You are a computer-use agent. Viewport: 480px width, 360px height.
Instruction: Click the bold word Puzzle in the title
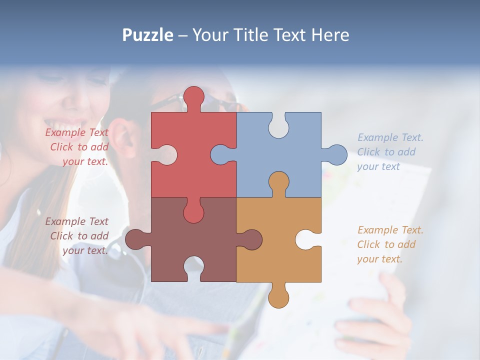pos(148,35)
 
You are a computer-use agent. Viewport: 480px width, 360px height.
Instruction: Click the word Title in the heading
pos(250,35)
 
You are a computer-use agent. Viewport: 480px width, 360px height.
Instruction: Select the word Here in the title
pos(330,35)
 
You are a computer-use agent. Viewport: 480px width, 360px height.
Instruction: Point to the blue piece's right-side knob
pos(336,154)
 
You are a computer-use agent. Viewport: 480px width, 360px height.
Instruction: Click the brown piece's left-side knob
pos(136,239)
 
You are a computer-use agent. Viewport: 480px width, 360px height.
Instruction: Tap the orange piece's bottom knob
pos(278,297)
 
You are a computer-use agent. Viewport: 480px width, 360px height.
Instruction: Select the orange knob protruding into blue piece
pos(278,182)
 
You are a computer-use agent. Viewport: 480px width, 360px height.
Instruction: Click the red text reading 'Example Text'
pos(77,132)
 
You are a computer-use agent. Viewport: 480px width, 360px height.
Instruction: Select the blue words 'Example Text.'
pos(390,137)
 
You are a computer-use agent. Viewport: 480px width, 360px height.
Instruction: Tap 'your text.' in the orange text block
pos(379,259)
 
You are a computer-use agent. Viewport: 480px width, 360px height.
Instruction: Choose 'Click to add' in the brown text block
pos(79,236)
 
